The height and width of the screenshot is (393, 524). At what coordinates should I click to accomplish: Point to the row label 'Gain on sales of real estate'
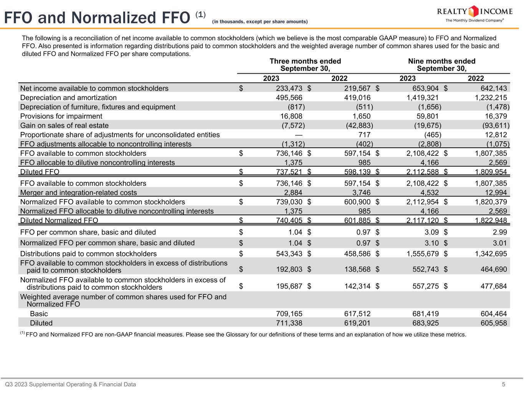click(x=64, y=125)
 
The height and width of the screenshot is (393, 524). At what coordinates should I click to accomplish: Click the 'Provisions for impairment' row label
click(x=61, y=116)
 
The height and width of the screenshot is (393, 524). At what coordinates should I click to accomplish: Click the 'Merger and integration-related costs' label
click(x=78, y=193)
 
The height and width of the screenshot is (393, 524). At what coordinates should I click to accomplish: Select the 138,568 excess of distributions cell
click(x=357, y=269)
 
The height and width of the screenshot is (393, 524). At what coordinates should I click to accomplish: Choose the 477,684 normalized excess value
click(x=494, y=286)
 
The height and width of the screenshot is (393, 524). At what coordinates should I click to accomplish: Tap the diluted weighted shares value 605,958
click(x=494, y=323)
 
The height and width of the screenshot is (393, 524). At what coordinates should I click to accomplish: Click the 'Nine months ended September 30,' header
click(x=441, y=65)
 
